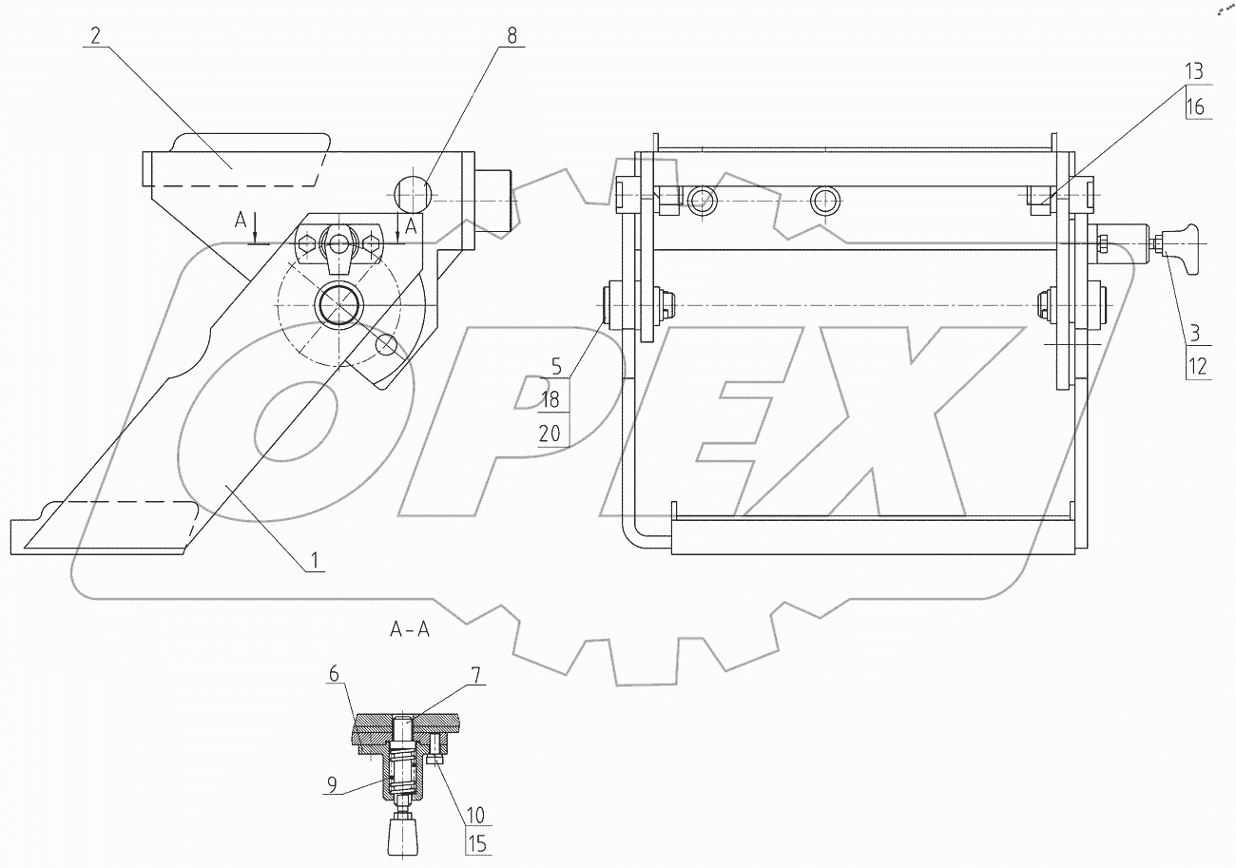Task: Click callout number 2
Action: (x=95, y=36)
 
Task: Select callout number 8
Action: (x=512, y=36)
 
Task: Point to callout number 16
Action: (x=1194, y=106)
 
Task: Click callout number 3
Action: (x=1194, y=333)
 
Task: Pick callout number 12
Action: (x=1197, y=366)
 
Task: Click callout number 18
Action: (x=550, y=399)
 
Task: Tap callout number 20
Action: (x=550, y=434)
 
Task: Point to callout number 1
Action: (x=315, y=561)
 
